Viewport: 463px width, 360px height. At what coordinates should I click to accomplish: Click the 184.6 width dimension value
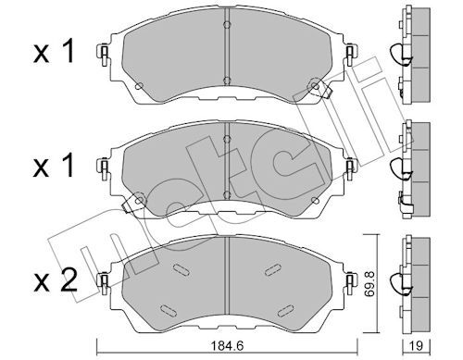coord(227,346)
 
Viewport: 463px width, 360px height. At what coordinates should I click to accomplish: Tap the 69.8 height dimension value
coord(369,284)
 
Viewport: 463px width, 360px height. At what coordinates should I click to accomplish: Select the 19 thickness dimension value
coord(417,346)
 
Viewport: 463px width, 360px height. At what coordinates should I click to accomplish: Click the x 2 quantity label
coord(56,280)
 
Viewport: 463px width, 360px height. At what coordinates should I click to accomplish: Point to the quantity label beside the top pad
coord(54,52)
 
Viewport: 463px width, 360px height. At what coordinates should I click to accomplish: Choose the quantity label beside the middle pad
coord(54,166)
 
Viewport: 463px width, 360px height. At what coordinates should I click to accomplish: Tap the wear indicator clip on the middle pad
coord(131,204)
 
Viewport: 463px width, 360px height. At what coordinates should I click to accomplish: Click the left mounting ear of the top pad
coord(103,55)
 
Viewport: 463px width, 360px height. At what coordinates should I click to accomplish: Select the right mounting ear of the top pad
coord(351,55)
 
